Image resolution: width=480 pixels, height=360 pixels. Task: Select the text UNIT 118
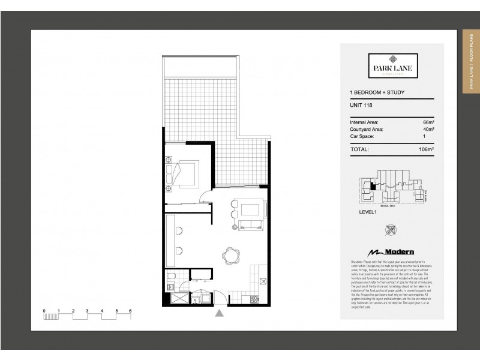[x=360, y=106]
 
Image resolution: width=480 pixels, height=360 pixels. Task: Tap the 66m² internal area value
[x=427, y=122]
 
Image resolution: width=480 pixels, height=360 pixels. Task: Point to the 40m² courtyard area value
[x=427, y=129]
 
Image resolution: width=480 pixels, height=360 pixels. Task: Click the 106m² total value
[x=426, y=149]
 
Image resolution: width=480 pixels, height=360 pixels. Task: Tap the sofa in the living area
[x=251, y=226]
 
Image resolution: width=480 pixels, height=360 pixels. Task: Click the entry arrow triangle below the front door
[x=220, y=312]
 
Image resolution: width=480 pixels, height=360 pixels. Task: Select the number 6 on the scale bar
[x=130, y=310]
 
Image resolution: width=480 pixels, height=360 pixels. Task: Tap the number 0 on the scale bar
[x=44, y=310]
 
